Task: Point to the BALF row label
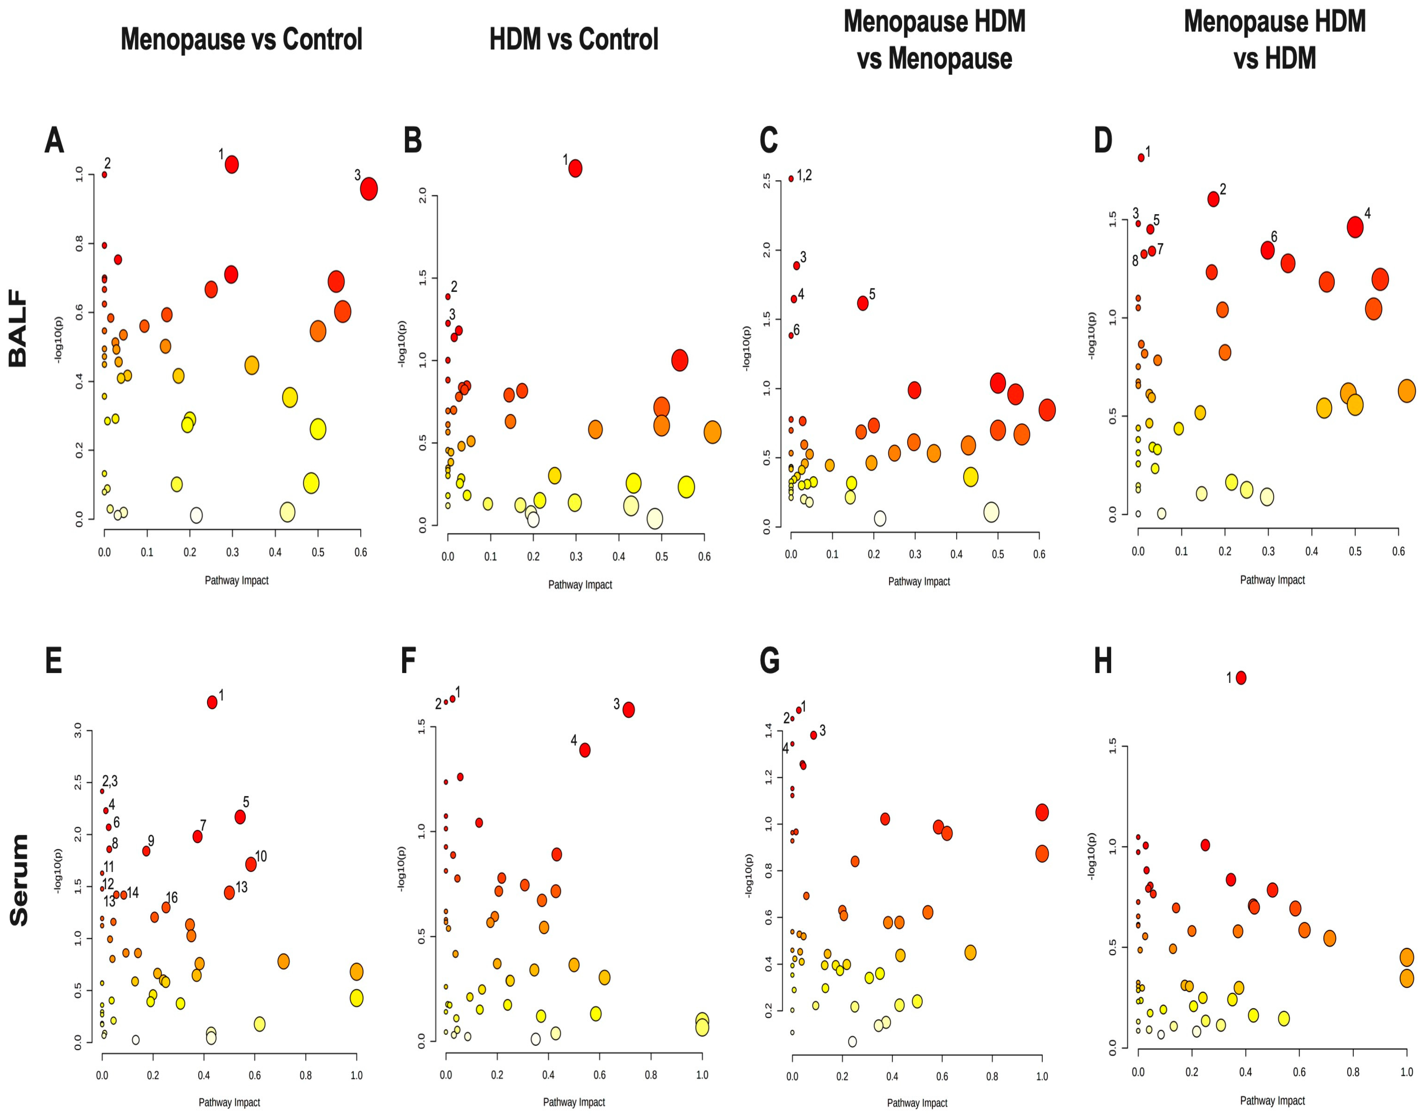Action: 18,328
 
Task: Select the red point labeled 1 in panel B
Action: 575,168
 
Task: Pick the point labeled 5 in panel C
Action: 862,303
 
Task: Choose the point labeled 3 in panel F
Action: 628,710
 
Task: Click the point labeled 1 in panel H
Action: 1241,678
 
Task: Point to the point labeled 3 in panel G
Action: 813,735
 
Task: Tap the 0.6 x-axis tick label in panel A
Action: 360,552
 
